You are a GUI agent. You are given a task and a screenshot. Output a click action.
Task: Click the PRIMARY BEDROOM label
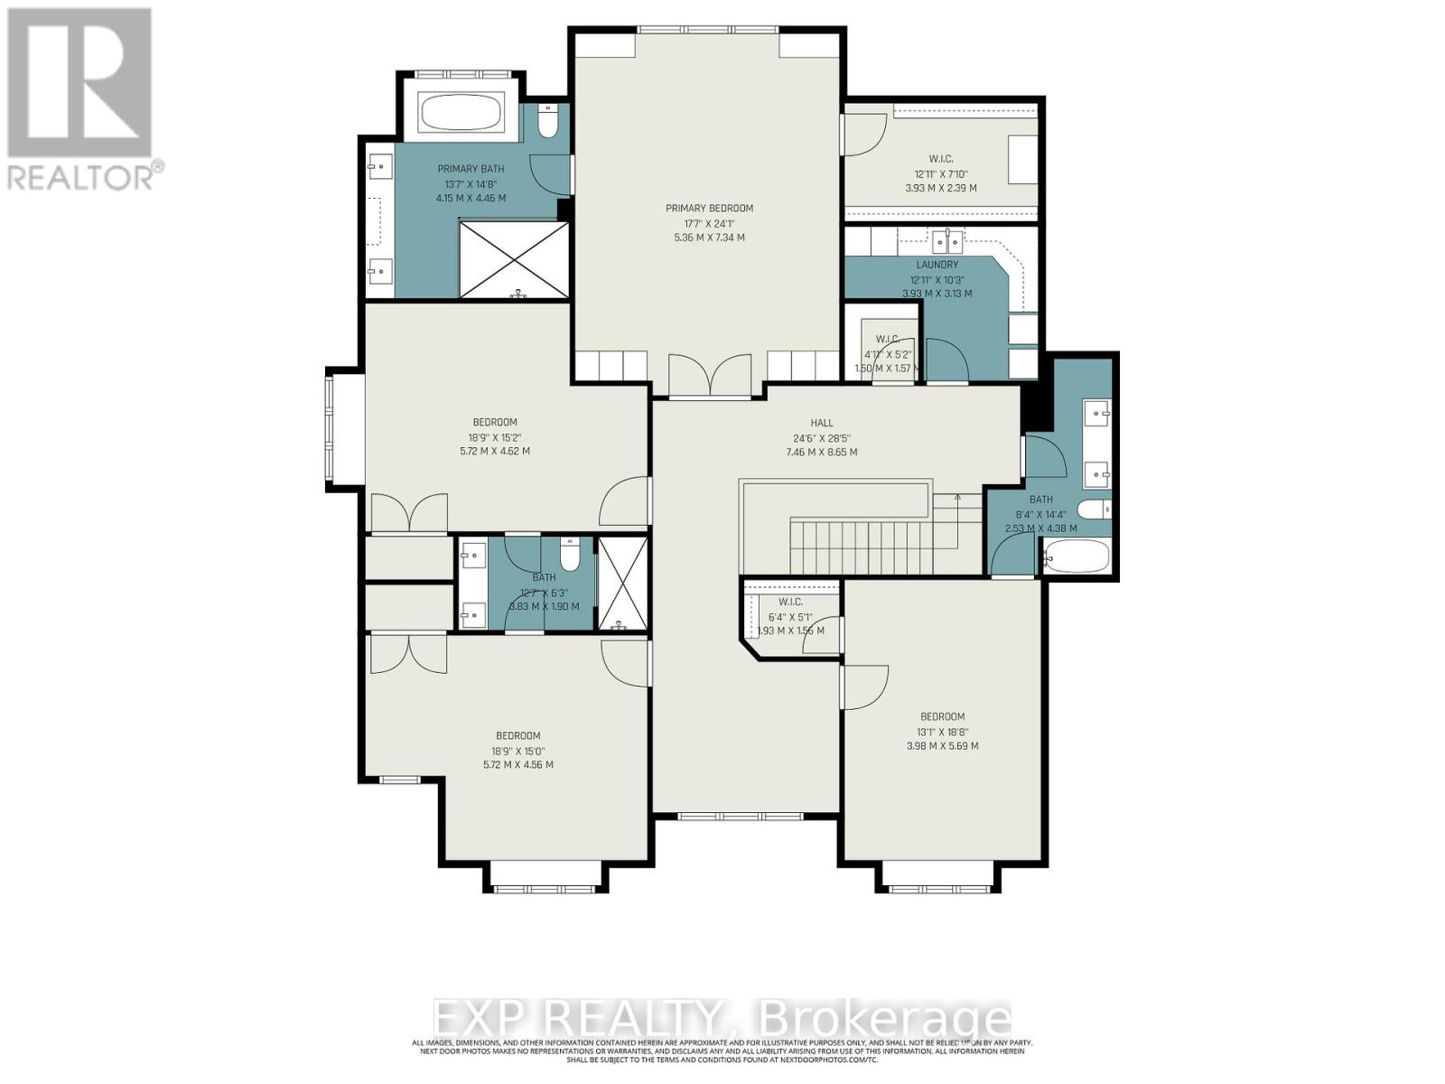coord(709,208)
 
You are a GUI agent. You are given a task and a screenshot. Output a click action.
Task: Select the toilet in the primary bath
coord(548,121)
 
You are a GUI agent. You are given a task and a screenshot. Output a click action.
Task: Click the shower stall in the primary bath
coord(514,258)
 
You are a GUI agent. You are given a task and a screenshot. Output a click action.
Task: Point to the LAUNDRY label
coord(937,265)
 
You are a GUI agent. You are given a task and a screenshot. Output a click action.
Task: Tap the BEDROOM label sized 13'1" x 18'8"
coord(942,716)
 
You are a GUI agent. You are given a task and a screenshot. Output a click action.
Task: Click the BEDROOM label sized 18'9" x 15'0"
coord(517,735)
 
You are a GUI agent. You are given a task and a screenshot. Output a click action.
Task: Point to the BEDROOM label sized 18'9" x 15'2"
coord(495,422)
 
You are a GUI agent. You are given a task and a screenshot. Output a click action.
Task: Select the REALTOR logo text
coord(86,175)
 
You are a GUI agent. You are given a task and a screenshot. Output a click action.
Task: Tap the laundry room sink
coord(946,241)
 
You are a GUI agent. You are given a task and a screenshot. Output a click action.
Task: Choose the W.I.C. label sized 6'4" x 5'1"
coord(790,602)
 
